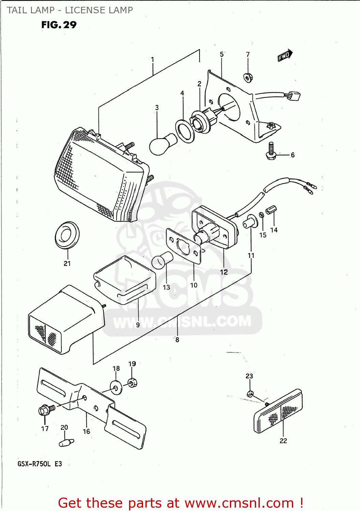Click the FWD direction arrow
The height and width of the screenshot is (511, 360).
coord(285,55)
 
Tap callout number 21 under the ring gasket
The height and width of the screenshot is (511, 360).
coord(67,263)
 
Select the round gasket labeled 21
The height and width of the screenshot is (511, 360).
coord(67,235)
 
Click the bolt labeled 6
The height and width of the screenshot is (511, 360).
coord(271,152)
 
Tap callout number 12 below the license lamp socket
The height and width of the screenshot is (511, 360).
coord(224,272)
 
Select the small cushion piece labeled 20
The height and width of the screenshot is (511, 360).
coord(66,443)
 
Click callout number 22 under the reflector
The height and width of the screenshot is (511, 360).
coord(283,441)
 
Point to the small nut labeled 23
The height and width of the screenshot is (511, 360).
coord(250,394)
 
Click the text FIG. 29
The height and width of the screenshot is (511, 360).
coord(59,25)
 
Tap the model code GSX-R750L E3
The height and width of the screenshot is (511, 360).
coord(40,464)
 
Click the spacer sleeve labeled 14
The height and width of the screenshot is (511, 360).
coord(271,210)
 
